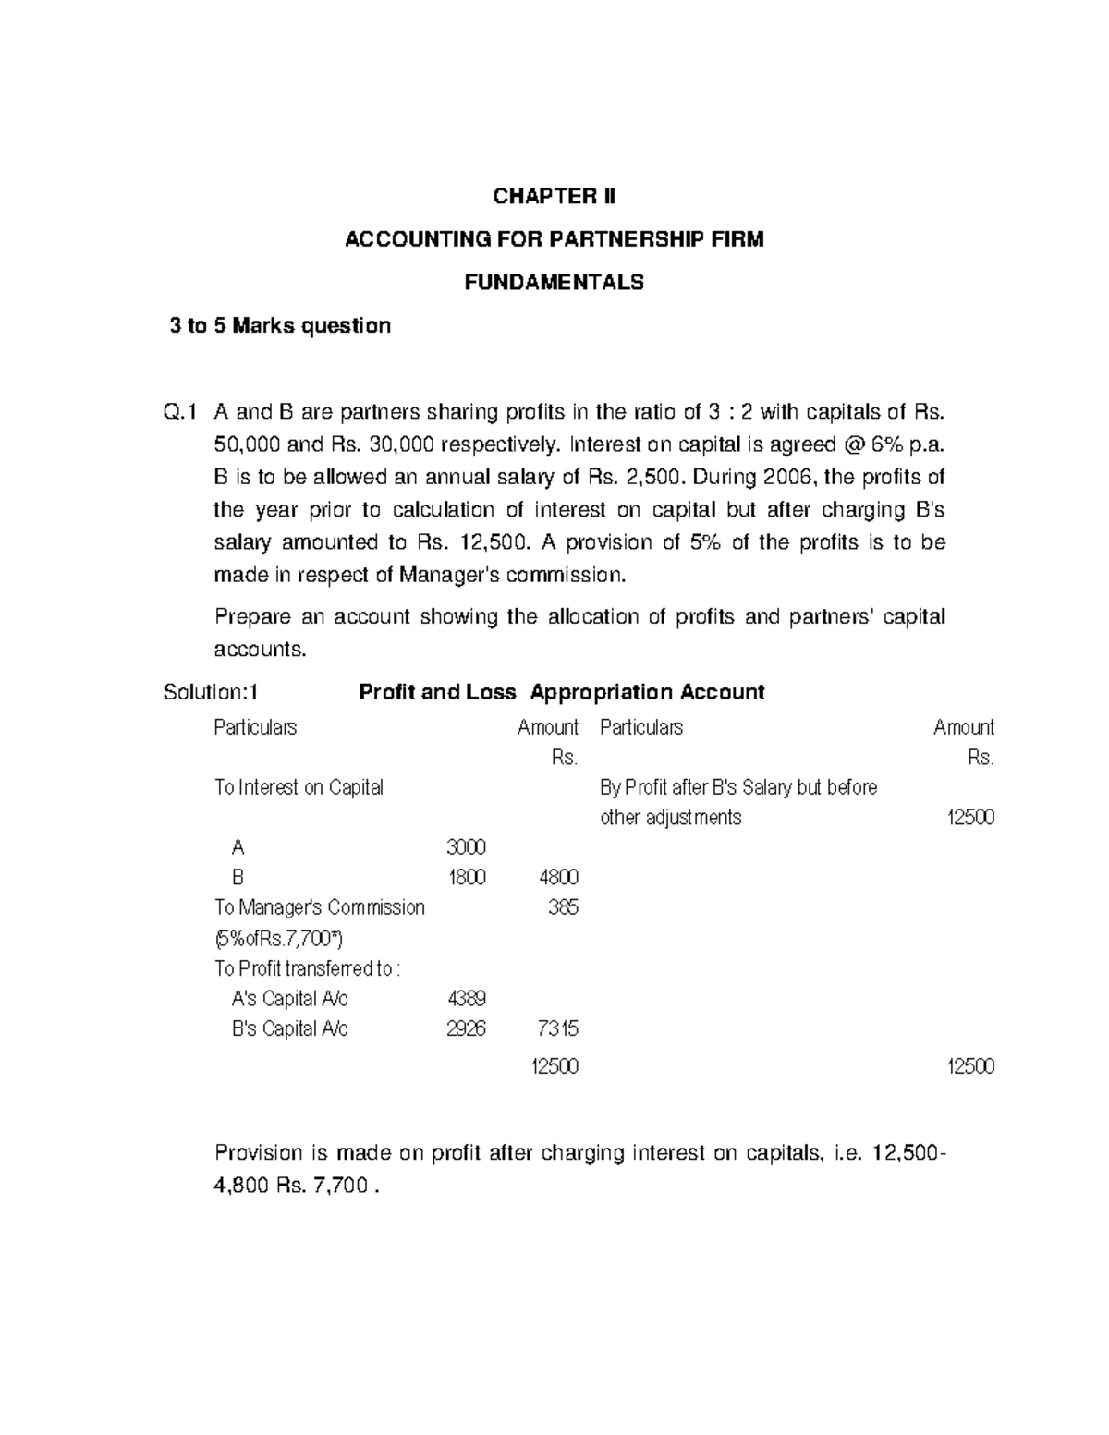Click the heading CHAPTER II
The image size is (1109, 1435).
554,196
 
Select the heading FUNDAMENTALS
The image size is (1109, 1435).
554,283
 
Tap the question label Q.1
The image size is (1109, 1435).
180,412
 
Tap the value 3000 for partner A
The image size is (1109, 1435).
466,847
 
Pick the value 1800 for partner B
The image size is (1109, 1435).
467,877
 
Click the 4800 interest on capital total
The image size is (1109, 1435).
558,877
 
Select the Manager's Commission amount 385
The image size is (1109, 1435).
563,907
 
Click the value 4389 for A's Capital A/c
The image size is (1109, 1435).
467,999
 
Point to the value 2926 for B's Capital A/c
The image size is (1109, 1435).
466,1028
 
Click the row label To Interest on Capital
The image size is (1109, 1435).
299,787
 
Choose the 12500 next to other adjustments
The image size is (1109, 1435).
970,818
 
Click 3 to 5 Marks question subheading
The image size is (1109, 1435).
280,325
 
